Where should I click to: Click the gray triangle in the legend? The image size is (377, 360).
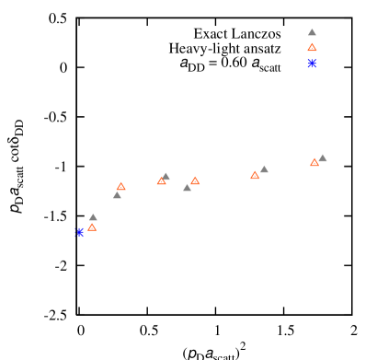click(x=312, y=32)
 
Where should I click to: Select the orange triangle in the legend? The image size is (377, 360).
click(x=312, y=48)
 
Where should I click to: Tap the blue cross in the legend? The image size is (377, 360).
click(x=312, y=63)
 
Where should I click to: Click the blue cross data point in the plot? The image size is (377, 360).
click(x=80, y=232)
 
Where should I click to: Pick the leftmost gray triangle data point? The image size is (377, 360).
click(x=93, y=218)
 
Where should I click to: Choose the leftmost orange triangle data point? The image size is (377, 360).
click(x=92, y=227)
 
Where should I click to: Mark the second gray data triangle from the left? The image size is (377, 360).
click(x=117, y=195)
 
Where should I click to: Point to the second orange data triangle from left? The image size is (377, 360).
click(x=120, y=187)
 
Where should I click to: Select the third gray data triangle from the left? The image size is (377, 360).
click(x=166, y=177)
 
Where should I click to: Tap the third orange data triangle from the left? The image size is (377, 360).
click(x=161, y=181)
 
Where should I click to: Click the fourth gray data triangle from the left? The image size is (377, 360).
click(x=187, y=188)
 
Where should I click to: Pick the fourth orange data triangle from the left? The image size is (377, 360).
click(x=195, y=181)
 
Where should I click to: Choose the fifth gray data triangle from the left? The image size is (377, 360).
click(x=264, y=169)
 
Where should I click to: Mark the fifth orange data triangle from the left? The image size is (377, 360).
click(x=255, y=175)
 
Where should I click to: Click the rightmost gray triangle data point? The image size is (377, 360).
click(x=323, y=158)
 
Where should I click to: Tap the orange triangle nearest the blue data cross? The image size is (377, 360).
click(x=92, y=227)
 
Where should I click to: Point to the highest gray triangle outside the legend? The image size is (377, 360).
click(x=323, y=158)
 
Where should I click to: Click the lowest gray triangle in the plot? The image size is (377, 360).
click(x=93, y=218)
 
